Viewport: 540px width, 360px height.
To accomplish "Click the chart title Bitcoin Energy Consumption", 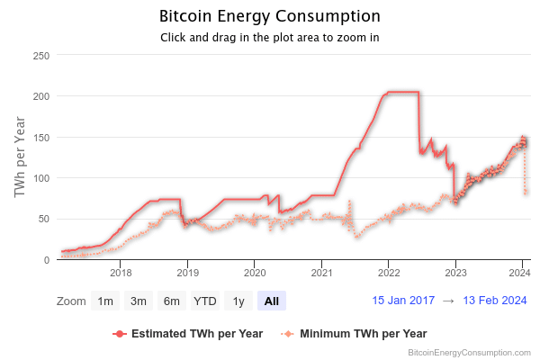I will (x=269, y=16).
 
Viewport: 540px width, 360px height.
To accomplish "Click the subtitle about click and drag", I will (x=269, y=38).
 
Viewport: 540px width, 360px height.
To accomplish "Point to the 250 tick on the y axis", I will (x=40, y=56).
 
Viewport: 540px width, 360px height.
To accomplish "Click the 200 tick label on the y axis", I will (x=40, y=96).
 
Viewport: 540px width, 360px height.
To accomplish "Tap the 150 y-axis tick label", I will (x=40, y=138).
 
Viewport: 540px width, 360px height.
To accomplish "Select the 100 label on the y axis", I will (x=40, y=178).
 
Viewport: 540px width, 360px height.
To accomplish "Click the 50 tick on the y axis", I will (x=43, y=220).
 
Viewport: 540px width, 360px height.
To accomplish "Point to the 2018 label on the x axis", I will (x=121, y=272).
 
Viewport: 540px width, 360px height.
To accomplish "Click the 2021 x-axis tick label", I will (x=321, y=272).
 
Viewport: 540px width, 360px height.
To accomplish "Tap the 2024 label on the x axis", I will (x=522, y=272).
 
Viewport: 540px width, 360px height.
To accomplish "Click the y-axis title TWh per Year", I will (x=20, y=157).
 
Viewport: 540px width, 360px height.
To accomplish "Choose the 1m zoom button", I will (x=105, y=301).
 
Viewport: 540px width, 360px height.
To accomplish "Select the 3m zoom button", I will (x=138, y=301).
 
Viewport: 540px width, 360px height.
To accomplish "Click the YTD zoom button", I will (x=204, y=301).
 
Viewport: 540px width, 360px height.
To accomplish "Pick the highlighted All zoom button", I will (x=271, y=301).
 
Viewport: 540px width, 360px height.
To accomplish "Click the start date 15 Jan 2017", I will (x=403, y=301).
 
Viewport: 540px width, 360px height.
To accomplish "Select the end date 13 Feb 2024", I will (x=494, y=301).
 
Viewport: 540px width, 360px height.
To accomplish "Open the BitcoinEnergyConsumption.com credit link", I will (x=469, y=352).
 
